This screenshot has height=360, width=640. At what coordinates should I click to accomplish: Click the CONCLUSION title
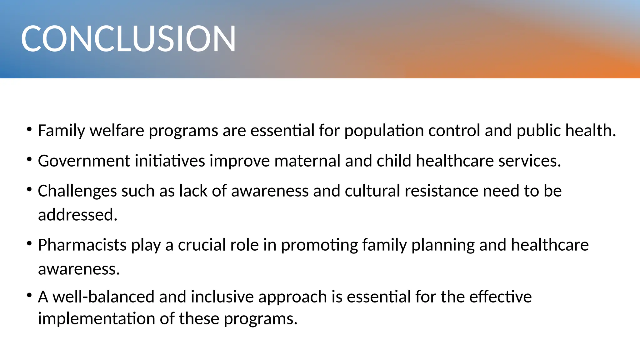tap(128, 38)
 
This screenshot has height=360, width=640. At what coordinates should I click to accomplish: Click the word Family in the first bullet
tap(61, 131)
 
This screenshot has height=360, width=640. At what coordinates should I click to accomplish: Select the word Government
tap(84, 161)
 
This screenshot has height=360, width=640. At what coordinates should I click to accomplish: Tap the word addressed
tap(77, 215)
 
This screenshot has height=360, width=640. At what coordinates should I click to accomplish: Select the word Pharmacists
tap(82, 245)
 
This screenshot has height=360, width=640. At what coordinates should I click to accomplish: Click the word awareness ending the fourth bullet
tap(79, 269)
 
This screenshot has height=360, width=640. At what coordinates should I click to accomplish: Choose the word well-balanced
tap(103, 297)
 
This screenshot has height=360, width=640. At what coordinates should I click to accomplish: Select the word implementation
tap(97, 319)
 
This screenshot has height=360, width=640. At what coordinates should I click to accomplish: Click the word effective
tap(500, 297)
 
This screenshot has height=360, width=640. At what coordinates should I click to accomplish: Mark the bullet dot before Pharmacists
tap(29, 243)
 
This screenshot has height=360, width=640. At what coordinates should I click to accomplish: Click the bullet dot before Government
tap(29, 159)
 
